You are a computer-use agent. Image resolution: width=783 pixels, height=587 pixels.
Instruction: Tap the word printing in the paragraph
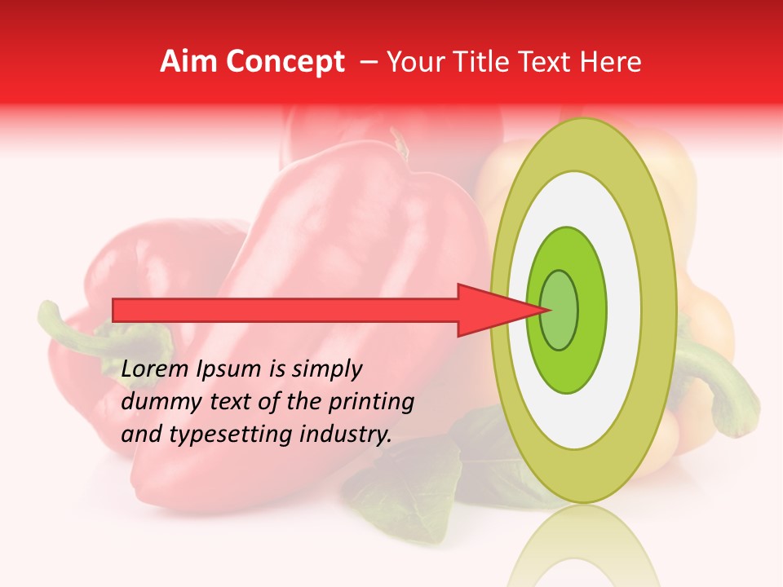(372, 401)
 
